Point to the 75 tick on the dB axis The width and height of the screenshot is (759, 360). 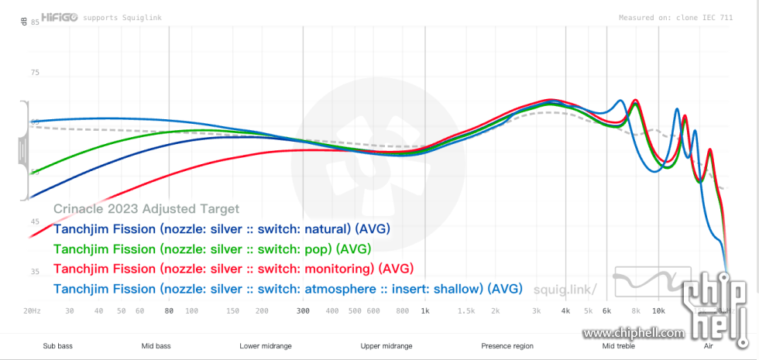click(x=34, y=73)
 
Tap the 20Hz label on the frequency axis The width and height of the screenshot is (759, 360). click(x=33, y=310)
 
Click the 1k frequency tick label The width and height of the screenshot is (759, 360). click(x=424, y=310)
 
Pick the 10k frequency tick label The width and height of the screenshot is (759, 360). click(x=658, y=310)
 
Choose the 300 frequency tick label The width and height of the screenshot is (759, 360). click(x=304, y=310)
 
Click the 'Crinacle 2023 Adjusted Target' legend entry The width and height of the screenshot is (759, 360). click(x=146, y=209)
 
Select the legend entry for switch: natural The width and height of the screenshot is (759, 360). click(x=222, y=229)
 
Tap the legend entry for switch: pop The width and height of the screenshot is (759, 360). click(x=212, y=249)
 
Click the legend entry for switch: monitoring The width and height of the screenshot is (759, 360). click(x=233, y=269)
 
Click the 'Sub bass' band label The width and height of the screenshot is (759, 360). click(x=58, y=346)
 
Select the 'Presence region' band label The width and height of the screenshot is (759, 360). click(x=507, y=346)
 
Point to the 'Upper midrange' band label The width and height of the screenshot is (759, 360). click(x=386, y=346)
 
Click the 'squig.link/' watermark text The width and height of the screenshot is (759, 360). click(x=565, y=290)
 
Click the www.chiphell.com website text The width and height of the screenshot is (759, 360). click(x=634, y=334)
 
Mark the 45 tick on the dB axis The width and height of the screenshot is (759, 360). click(x=34, y=222)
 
